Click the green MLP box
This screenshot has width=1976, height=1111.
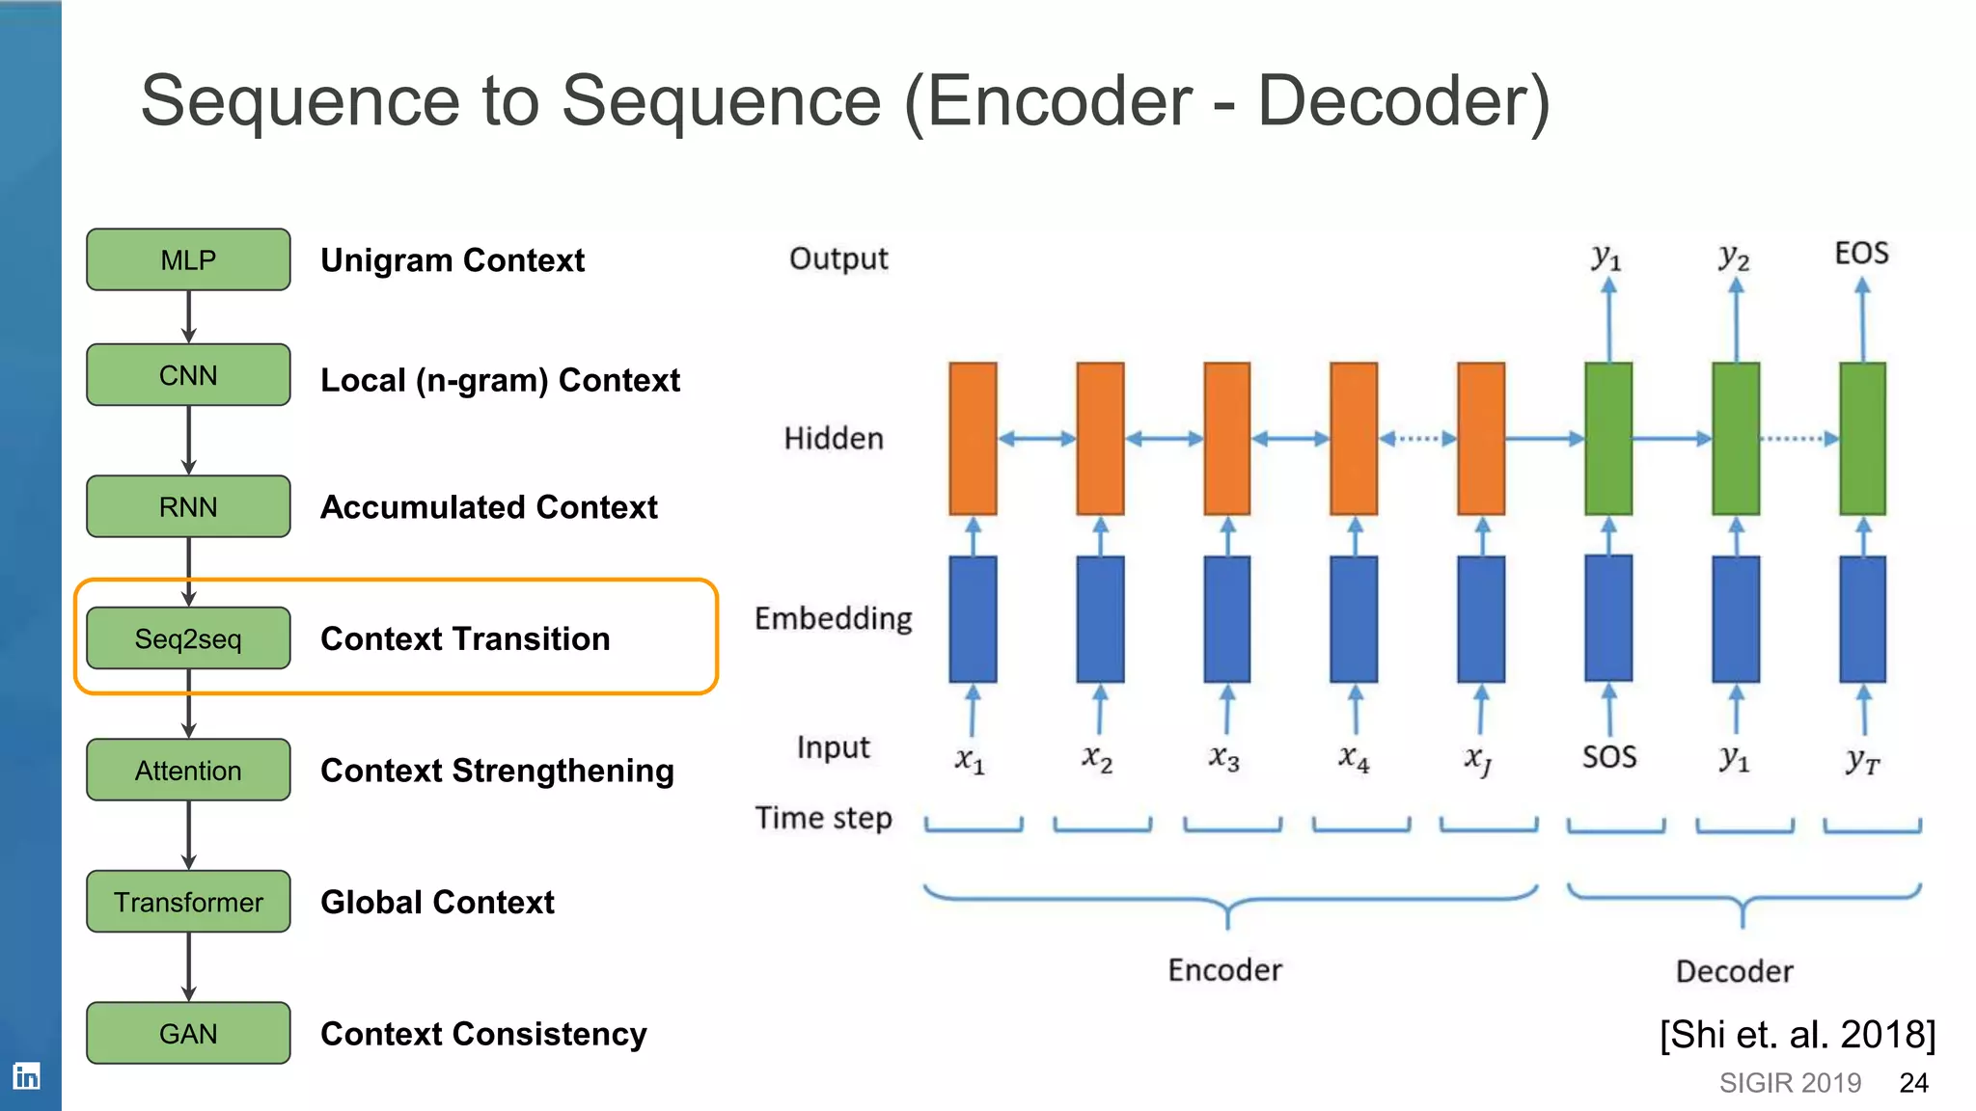188,259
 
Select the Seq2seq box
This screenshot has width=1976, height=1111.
188,638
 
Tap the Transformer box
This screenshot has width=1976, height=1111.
188,902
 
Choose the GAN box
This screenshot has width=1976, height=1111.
188,1033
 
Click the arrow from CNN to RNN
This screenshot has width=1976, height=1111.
188,440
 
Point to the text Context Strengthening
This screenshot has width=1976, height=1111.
497,771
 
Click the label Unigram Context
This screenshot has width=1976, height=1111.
453,260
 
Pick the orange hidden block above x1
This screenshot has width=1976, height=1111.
973,439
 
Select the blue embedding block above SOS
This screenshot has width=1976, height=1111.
1608,618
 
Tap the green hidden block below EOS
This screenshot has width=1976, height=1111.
1862,439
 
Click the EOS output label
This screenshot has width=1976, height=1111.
1861,254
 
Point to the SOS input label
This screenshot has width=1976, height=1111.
1608,757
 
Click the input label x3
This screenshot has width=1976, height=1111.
1224,758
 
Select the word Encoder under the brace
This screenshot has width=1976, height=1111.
1224,969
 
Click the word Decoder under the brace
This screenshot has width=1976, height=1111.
1734,971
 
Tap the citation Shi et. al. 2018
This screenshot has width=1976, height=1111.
1798,1035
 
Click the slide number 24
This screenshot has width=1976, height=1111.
1913,1083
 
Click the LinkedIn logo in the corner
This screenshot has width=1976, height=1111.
26,1075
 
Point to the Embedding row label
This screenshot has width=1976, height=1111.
833,618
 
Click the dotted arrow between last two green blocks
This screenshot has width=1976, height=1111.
1799,439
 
